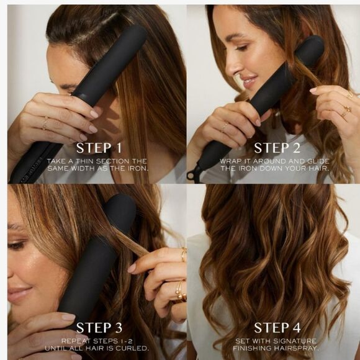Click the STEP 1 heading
(x=99, y=148)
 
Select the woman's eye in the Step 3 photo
(x=19, y=245)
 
